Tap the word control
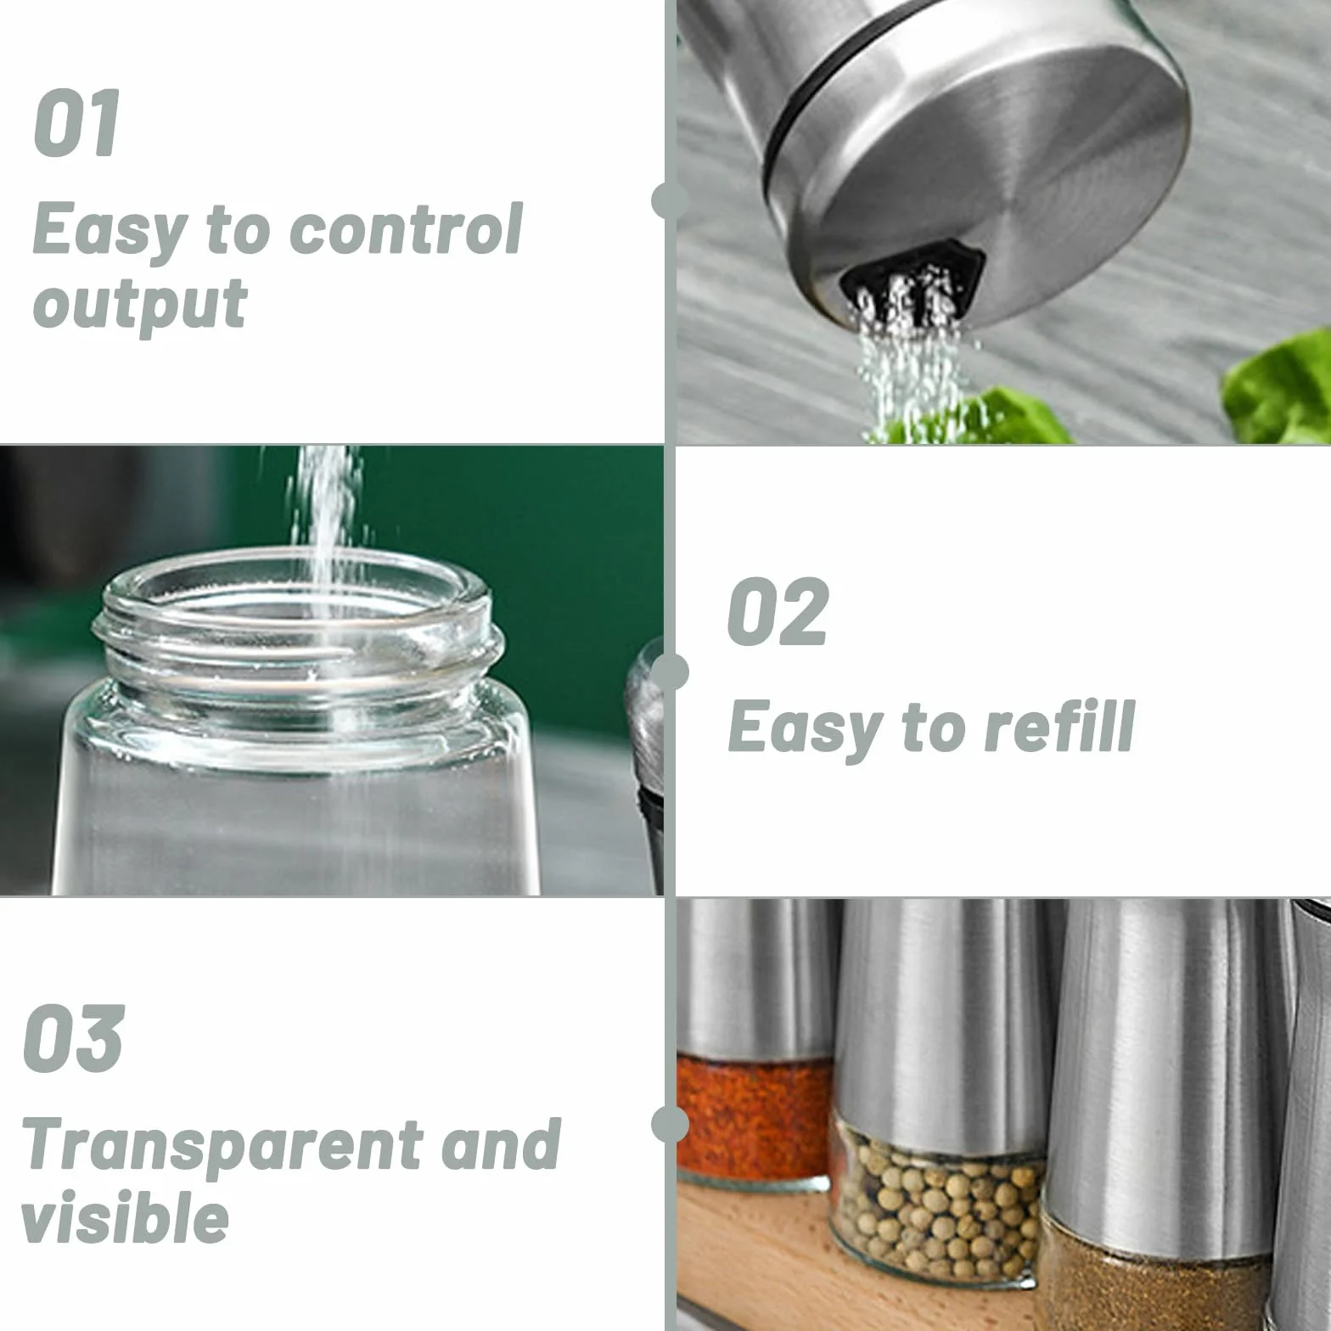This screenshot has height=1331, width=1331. [x=407, y=228]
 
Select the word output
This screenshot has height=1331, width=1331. [x=140, y=305]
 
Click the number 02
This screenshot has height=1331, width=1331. [x=778, y=611]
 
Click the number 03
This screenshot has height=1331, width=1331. [x=73, y=1038]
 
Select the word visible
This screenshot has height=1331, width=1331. [x=125, y=1217]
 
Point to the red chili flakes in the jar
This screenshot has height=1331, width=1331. [x=755, y=1112]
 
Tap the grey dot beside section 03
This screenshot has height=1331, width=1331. [x=670, y=1124]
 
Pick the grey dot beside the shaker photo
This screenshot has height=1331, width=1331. [x=670, y=201]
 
